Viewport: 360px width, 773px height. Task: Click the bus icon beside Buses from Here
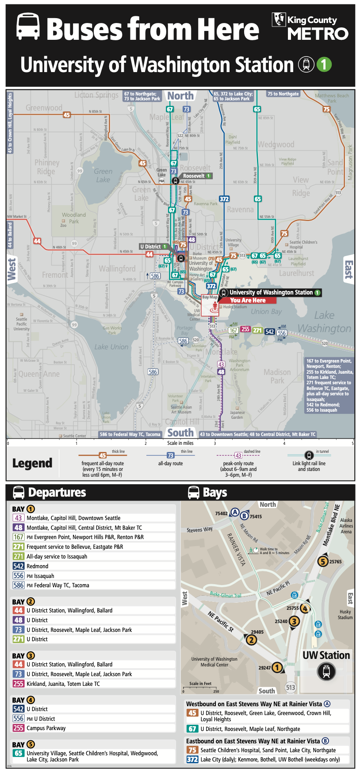point(28,27)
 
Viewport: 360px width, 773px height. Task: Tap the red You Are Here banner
point(248,300)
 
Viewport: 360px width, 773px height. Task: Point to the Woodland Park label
point(74,218)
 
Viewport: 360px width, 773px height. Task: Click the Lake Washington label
point(324,322)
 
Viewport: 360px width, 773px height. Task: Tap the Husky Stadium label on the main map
point(235,307)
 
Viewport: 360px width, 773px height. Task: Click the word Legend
point(32,463)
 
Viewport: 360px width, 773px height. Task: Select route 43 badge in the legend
point(238,455)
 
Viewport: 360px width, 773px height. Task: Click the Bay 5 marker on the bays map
point(323,562)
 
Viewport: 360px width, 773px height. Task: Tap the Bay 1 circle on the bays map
point(277,667)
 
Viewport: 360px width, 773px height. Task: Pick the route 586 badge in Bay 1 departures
point(19,585)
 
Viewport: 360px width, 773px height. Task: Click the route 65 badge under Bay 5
point(19,753)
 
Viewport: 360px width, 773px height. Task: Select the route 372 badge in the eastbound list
point(192,759)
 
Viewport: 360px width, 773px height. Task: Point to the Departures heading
point(57,493)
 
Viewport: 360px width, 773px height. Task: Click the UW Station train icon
point(326,672)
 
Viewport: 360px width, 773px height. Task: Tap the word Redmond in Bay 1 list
point(38,566)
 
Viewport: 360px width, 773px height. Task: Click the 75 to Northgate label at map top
point(283,94)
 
